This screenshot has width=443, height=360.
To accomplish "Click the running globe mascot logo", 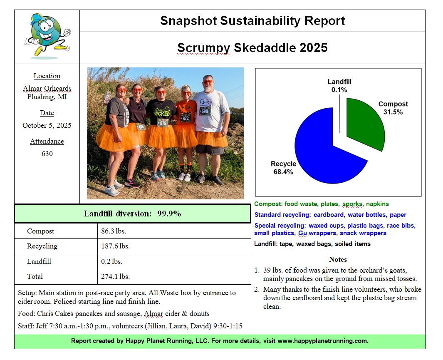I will (x=47, y=36).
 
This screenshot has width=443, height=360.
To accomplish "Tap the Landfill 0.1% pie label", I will (x=339, y=86).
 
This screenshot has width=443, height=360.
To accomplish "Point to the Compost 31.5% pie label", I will (x=393, y=108).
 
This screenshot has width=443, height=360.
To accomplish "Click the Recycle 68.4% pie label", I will (x=283, y=168).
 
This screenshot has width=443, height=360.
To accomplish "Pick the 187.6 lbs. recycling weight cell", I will (x=115, y=246).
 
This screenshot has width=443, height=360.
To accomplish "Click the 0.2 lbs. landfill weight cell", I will (x=111, y=262).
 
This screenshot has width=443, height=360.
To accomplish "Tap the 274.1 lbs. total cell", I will (x=115, y=276).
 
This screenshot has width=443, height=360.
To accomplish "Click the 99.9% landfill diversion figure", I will (x=169, y=214).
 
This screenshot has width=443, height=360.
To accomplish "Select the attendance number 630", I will (x=47, y=154).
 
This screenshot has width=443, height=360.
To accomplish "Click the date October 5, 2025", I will (x=47, y=125).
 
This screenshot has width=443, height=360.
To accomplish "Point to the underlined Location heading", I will (x=47, y=76).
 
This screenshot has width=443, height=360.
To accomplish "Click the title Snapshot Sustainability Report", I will (x=252, y=21).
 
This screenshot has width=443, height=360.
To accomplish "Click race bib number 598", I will (x=205, y=111).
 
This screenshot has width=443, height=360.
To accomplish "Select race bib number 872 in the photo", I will (x=186, y=119).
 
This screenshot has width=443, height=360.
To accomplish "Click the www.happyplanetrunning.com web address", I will (x=322, y=341).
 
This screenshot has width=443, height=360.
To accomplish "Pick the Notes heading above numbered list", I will (x=338, y=259).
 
